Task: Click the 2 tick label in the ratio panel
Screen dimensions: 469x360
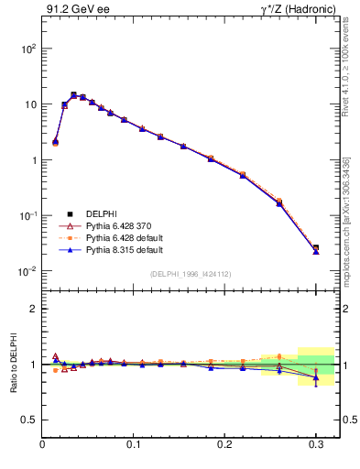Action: [x=32, y=309]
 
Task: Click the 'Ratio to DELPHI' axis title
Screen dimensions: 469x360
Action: [x=12, y=364]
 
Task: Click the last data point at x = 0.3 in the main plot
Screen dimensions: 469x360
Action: [x=315, y=248]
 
